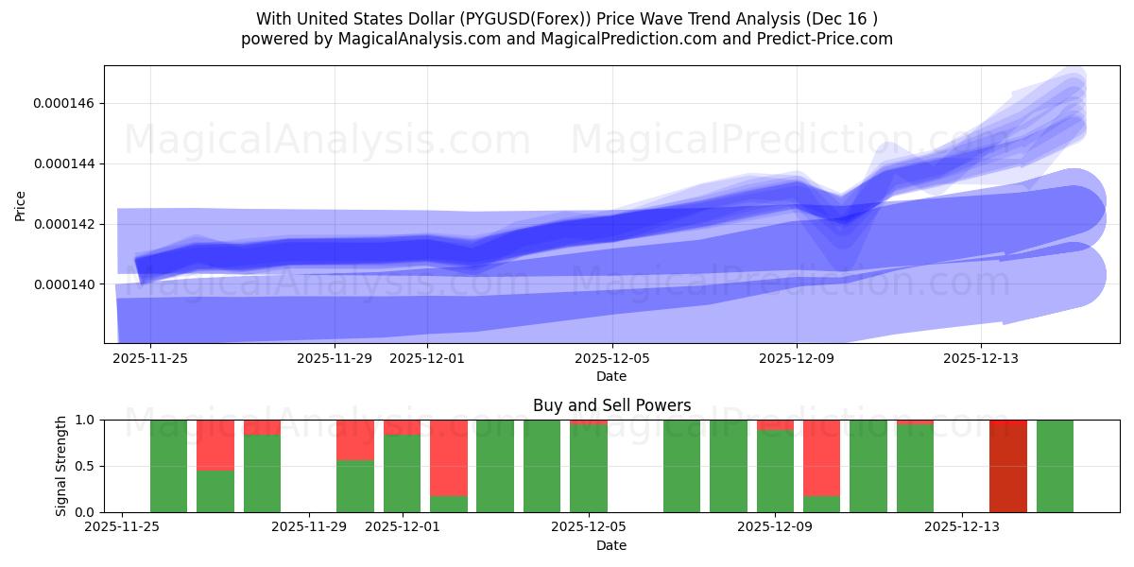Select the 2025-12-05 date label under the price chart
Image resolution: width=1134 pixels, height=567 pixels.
(x=612, y=358)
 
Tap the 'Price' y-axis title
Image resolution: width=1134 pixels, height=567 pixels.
(x=20, y=205)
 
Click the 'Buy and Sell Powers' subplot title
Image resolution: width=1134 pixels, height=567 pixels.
(x=611, y=405)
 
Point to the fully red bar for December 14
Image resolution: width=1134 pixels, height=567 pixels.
(x=1008, y=466)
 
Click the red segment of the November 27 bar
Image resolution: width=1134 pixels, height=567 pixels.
(x=215, y=444)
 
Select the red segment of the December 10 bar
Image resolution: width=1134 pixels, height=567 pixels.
(x=822, y=457)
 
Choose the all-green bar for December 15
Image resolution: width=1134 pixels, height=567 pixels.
(x=1055, y=466)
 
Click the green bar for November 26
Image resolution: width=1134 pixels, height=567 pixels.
(x=168, y=466)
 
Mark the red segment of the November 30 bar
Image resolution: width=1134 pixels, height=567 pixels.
(x=355, y=439)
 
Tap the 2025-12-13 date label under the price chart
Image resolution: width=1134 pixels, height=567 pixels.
(x=981, y=358)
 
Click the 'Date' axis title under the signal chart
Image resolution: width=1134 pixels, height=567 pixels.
(x=611, y=545)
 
